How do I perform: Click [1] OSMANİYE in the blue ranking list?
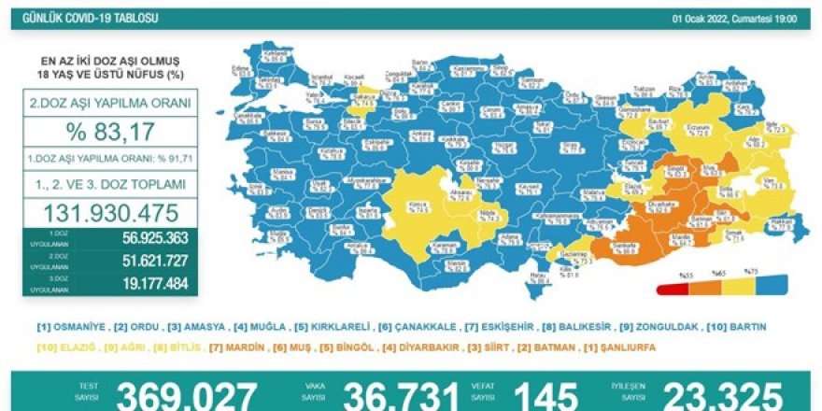69,327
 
